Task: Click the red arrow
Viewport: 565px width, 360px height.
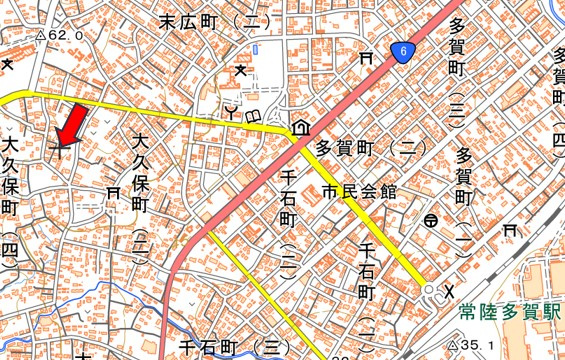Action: coord(71,123)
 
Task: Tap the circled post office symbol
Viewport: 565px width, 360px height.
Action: coord(431,220)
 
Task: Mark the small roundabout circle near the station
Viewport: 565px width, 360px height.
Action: coord(429,291)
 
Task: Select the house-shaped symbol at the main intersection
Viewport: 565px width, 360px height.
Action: coord(299,129)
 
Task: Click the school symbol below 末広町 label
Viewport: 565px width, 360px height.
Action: coord(241,70)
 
